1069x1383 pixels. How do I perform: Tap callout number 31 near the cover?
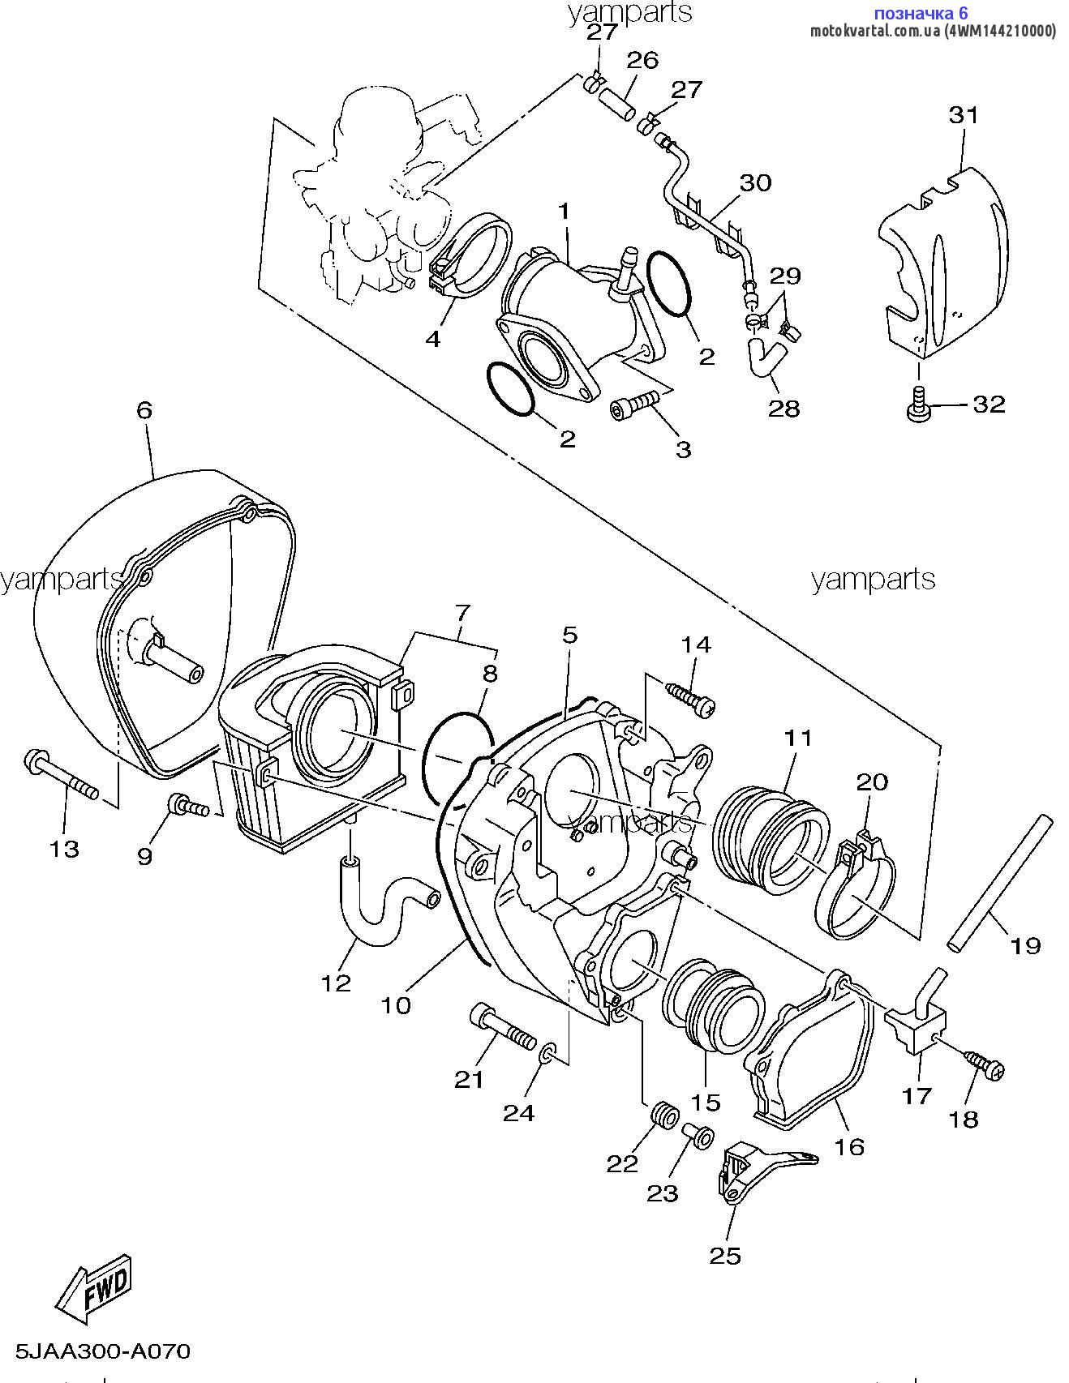point(964,115)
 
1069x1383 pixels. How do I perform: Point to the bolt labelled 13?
point(62,773)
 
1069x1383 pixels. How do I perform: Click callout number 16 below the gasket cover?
point(849,1146)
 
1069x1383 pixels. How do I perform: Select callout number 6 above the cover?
point(144,410)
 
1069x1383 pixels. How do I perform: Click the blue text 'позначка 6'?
point(921,12)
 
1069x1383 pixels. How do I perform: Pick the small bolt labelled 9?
point(186,807)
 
